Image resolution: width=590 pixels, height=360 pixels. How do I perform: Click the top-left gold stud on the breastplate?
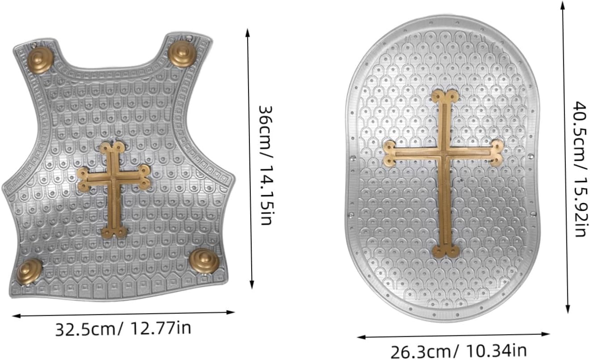[x=41, y=61]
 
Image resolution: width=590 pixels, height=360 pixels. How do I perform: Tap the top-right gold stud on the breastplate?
[x=182, y=54]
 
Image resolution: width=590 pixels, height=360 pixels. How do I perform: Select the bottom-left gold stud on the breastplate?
[x=29, y=272]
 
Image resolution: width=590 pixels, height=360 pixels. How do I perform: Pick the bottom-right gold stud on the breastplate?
[x=204, y=261]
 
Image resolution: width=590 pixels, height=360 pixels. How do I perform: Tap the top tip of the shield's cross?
[x=445, y=91]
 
